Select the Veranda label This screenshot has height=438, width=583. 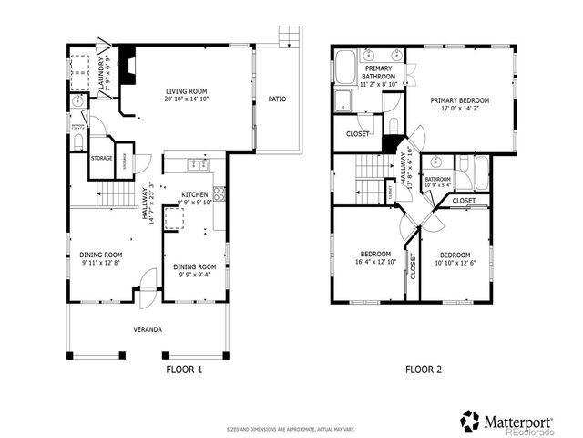tap(147, 328)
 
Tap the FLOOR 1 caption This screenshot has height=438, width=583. tap(184, 370)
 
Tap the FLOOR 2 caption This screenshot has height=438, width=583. tap(424, 370)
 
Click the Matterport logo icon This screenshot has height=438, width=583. tap(470, 421)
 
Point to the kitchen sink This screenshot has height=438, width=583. tap(196, 165)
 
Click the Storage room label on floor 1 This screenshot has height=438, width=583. tap(101, 158)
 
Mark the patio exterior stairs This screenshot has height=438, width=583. tap(290, 36)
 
